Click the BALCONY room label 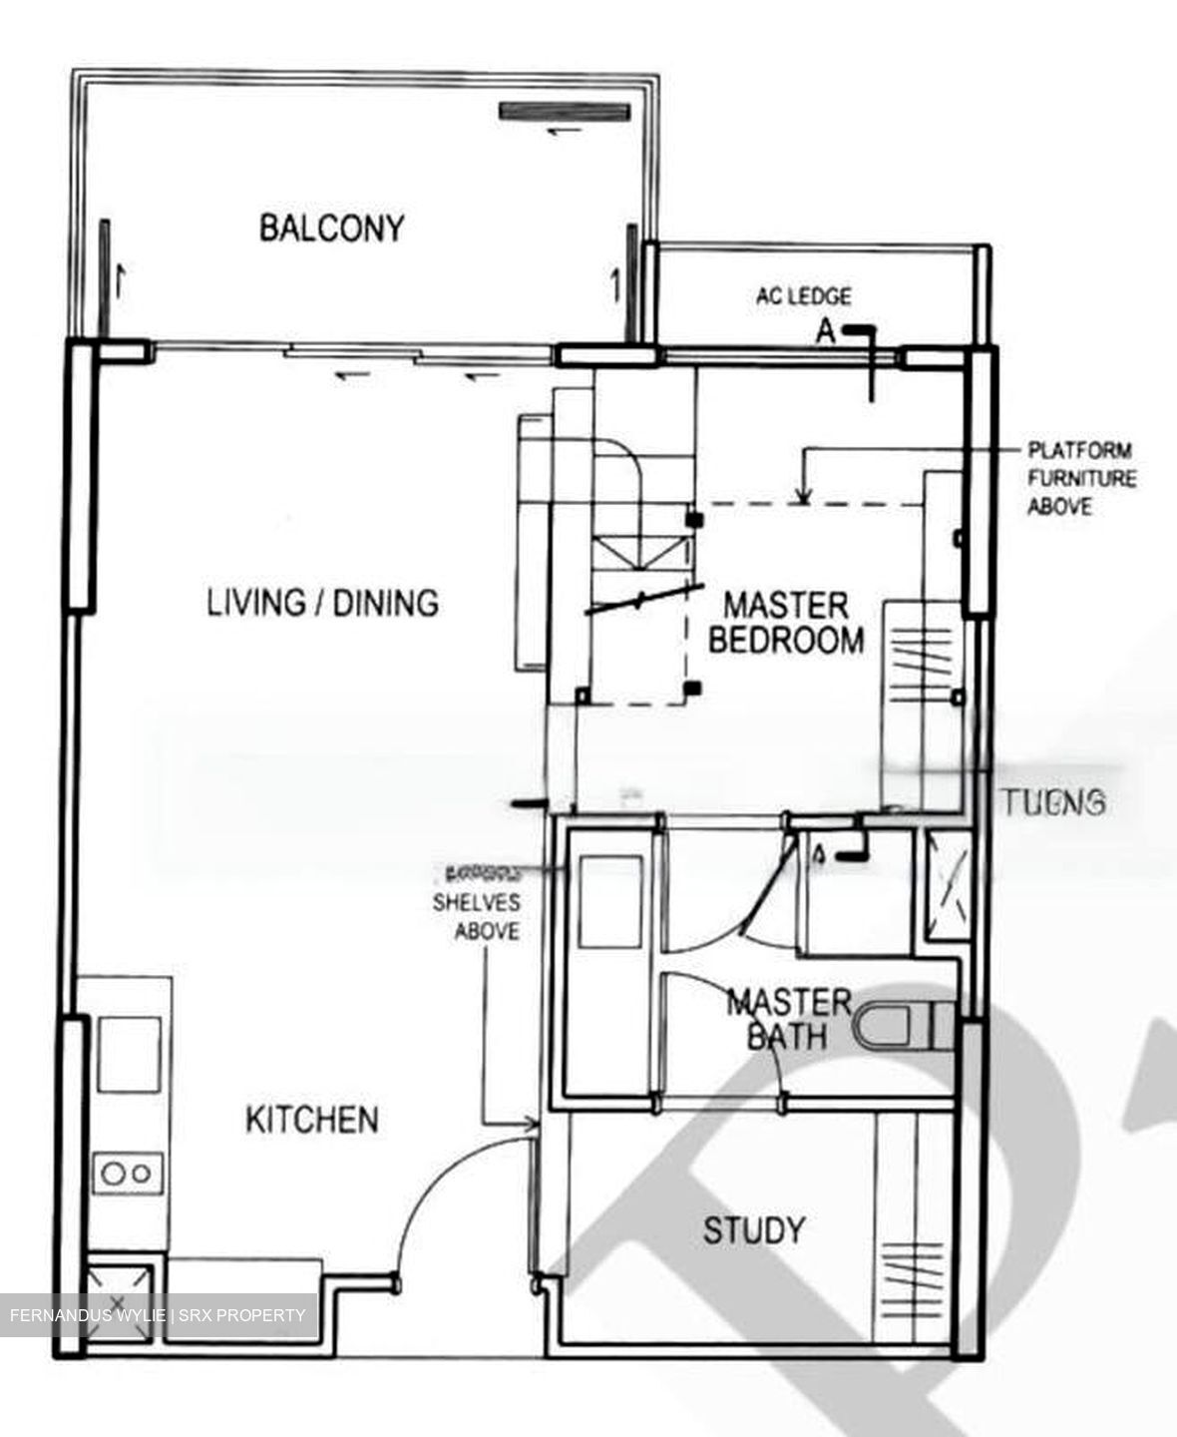tap(331, 228)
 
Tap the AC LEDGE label tap(803, 296)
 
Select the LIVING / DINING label tap(322, 603)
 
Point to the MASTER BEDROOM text tap(785, 623)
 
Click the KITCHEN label tap(311, 1120)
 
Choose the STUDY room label tap(753, 1230)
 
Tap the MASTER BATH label tap(788, 1019)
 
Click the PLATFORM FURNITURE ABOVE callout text tap(1081, 479)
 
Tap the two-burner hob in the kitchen tap(128, 1173)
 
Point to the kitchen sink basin tap(129, 1055)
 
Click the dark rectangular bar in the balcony tap(566, 112)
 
